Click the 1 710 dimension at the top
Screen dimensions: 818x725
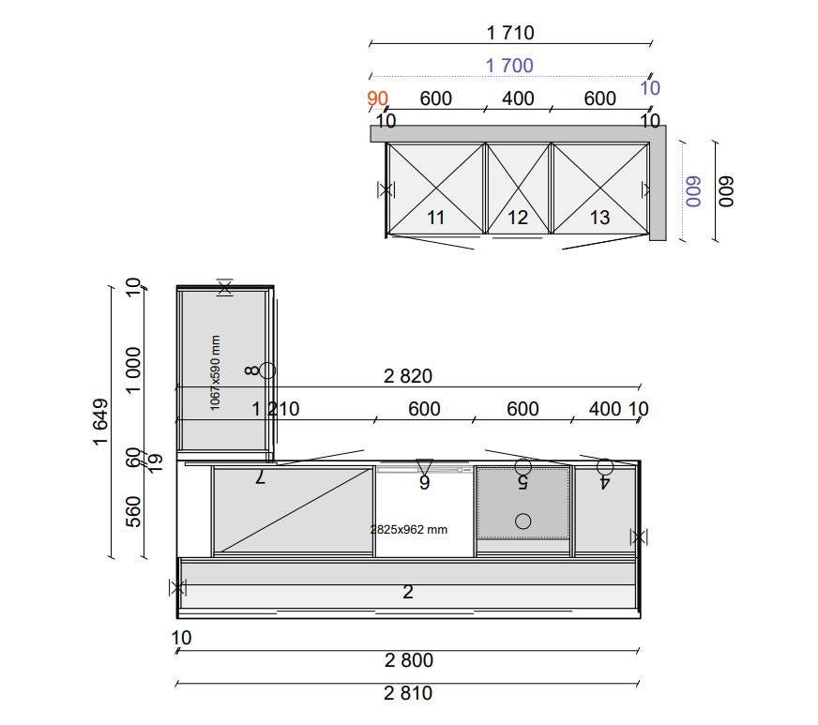coord(510,33)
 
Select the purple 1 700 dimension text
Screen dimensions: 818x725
coord(509,66)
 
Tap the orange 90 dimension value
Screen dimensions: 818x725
coord(377,98)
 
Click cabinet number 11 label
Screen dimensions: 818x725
coord(435,218)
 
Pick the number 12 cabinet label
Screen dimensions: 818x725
coord(518,218)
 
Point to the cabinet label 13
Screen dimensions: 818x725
coord(599,218)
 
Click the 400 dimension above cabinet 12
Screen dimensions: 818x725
coord(518,98)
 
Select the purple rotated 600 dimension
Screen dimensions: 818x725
coord(693,191)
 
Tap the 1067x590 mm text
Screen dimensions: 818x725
coord(215,373)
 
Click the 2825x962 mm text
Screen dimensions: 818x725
coord(409,530)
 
